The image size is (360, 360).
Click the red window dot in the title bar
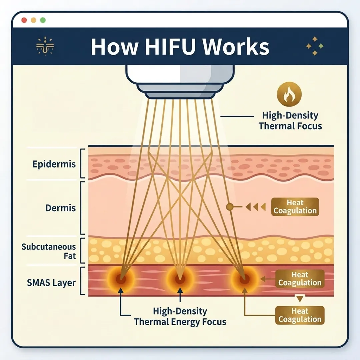click(x=24, y=20)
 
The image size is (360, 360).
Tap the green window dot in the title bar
click(x=43, y=20)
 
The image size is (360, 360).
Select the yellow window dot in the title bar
click(x=33, y=20)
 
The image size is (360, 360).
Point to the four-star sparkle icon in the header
click(x=315, y=46)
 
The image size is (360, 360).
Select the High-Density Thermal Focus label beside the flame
click(x=290, y=121)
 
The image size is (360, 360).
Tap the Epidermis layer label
click(x=54, y=164)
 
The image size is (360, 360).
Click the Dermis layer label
click(x=61, y=208)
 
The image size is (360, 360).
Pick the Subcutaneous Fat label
click(x=49, y=252)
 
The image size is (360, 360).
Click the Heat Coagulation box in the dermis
click(x=295, y=207)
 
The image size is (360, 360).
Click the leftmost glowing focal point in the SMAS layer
click(x=121, y=278)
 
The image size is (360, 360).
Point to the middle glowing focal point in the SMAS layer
click(x=180, y=278)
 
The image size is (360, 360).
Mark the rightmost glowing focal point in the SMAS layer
click(x=244, y=278)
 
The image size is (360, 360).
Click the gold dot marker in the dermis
click(x=229, y=207)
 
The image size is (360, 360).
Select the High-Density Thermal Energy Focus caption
click(x=180, y=317)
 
